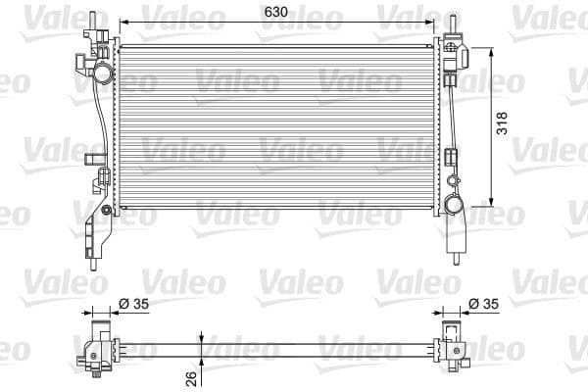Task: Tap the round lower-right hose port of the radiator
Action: (454, 205)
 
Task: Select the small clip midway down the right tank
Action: (452, 156)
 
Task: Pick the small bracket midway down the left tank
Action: (94, 160)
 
